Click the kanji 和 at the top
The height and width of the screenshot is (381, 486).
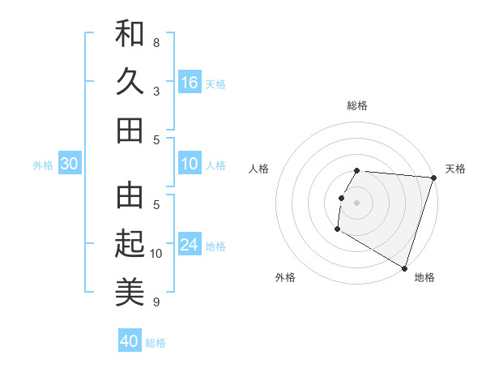(x=130, y=35)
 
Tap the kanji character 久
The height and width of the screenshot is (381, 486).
(x=130, y=82)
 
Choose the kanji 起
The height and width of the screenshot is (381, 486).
(x=130, y=242)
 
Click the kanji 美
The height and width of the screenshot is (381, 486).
(x=130, y=290)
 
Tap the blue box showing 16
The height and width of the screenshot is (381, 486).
(x=190, y=83)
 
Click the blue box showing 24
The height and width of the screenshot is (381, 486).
(x=190, y=246)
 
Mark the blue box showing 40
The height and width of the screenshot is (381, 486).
(x=130, y=341)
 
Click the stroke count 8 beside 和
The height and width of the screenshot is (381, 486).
(x=156, y=42)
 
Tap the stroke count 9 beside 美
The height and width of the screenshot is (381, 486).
(x=156, y=302)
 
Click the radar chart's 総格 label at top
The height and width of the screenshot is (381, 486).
(x=357, y=105)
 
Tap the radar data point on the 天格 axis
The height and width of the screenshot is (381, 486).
(x=433, y=178)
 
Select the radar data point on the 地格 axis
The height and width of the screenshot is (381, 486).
(x=404, y=267)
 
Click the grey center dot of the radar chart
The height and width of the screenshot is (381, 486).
(x=356, y=202)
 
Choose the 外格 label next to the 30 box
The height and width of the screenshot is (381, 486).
(x=43, y=165)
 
